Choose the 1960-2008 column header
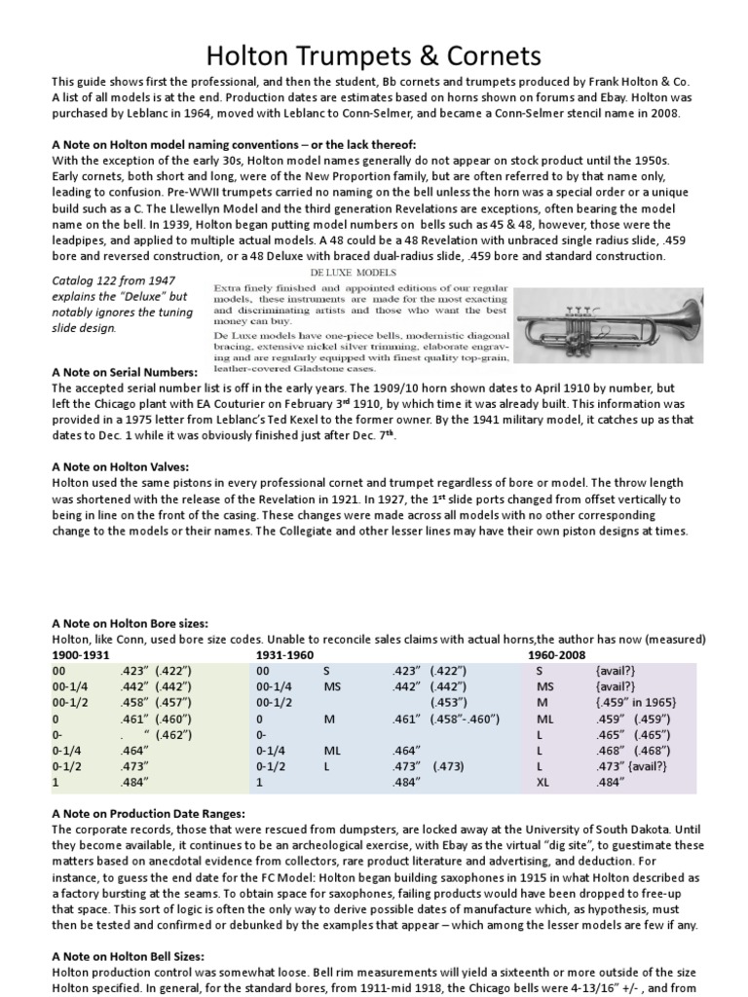pyautogui.click(x=558, y=656)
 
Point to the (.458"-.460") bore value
pyautogui.click(x=458, y=720)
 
